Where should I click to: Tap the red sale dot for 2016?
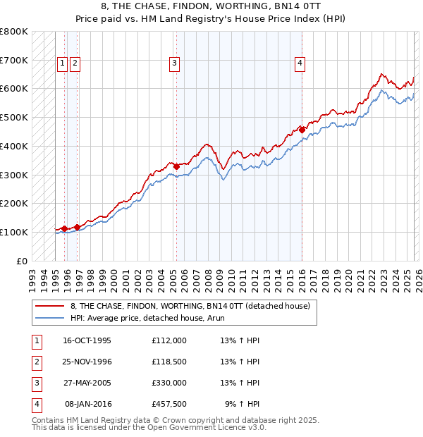pyautogui.click(x=302, y=130)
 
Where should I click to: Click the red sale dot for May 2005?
pyautogui.click(x=177, y=166)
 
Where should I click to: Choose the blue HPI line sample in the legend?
pyautogui.click(x=50, y=319)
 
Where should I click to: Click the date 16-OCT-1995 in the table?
pyautogui.click(x=87, y=340)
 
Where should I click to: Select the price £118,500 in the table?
pyautogui.click(x=169, y=362)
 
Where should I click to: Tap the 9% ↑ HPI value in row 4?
pyautogui.click(x=243, y=405)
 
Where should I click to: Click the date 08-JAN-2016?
pyautogui.click(x=89, y=405)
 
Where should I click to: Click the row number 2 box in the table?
pyautogui.click(x=36, y=362)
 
